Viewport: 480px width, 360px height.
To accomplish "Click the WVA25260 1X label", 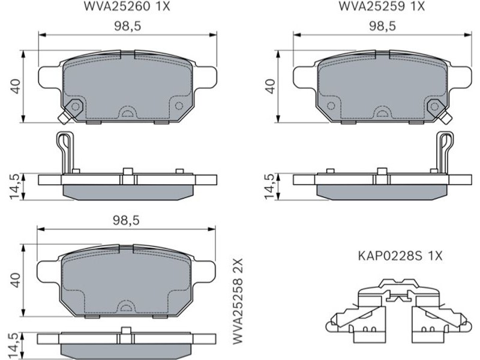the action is (x=127, y=6).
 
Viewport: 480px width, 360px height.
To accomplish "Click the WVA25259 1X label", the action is (x=382, y=6).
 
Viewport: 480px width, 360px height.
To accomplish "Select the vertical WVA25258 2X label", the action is (x=238, y=301).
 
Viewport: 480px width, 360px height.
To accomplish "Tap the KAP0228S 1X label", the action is (x=400, y=256).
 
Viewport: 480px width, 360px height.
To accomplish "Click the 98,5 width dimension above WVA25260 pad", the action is (x=128, y=26).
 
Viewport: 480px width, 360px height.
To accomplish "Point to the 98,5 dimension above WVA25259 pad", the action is (x=382, y=26).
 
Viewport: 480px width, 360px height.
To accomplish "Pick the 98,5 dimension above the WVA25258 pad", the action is (x=126, y=220).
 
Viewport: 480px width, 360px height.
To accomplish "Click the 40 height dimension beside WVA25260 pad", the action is (x=16, y=86).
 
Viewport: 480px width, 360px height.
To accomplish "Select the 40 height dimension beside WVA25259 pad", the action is (x=270, y=86).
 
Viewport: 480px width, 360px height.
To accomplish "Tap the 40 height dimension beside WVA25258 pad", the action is (x=16, y=280).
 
